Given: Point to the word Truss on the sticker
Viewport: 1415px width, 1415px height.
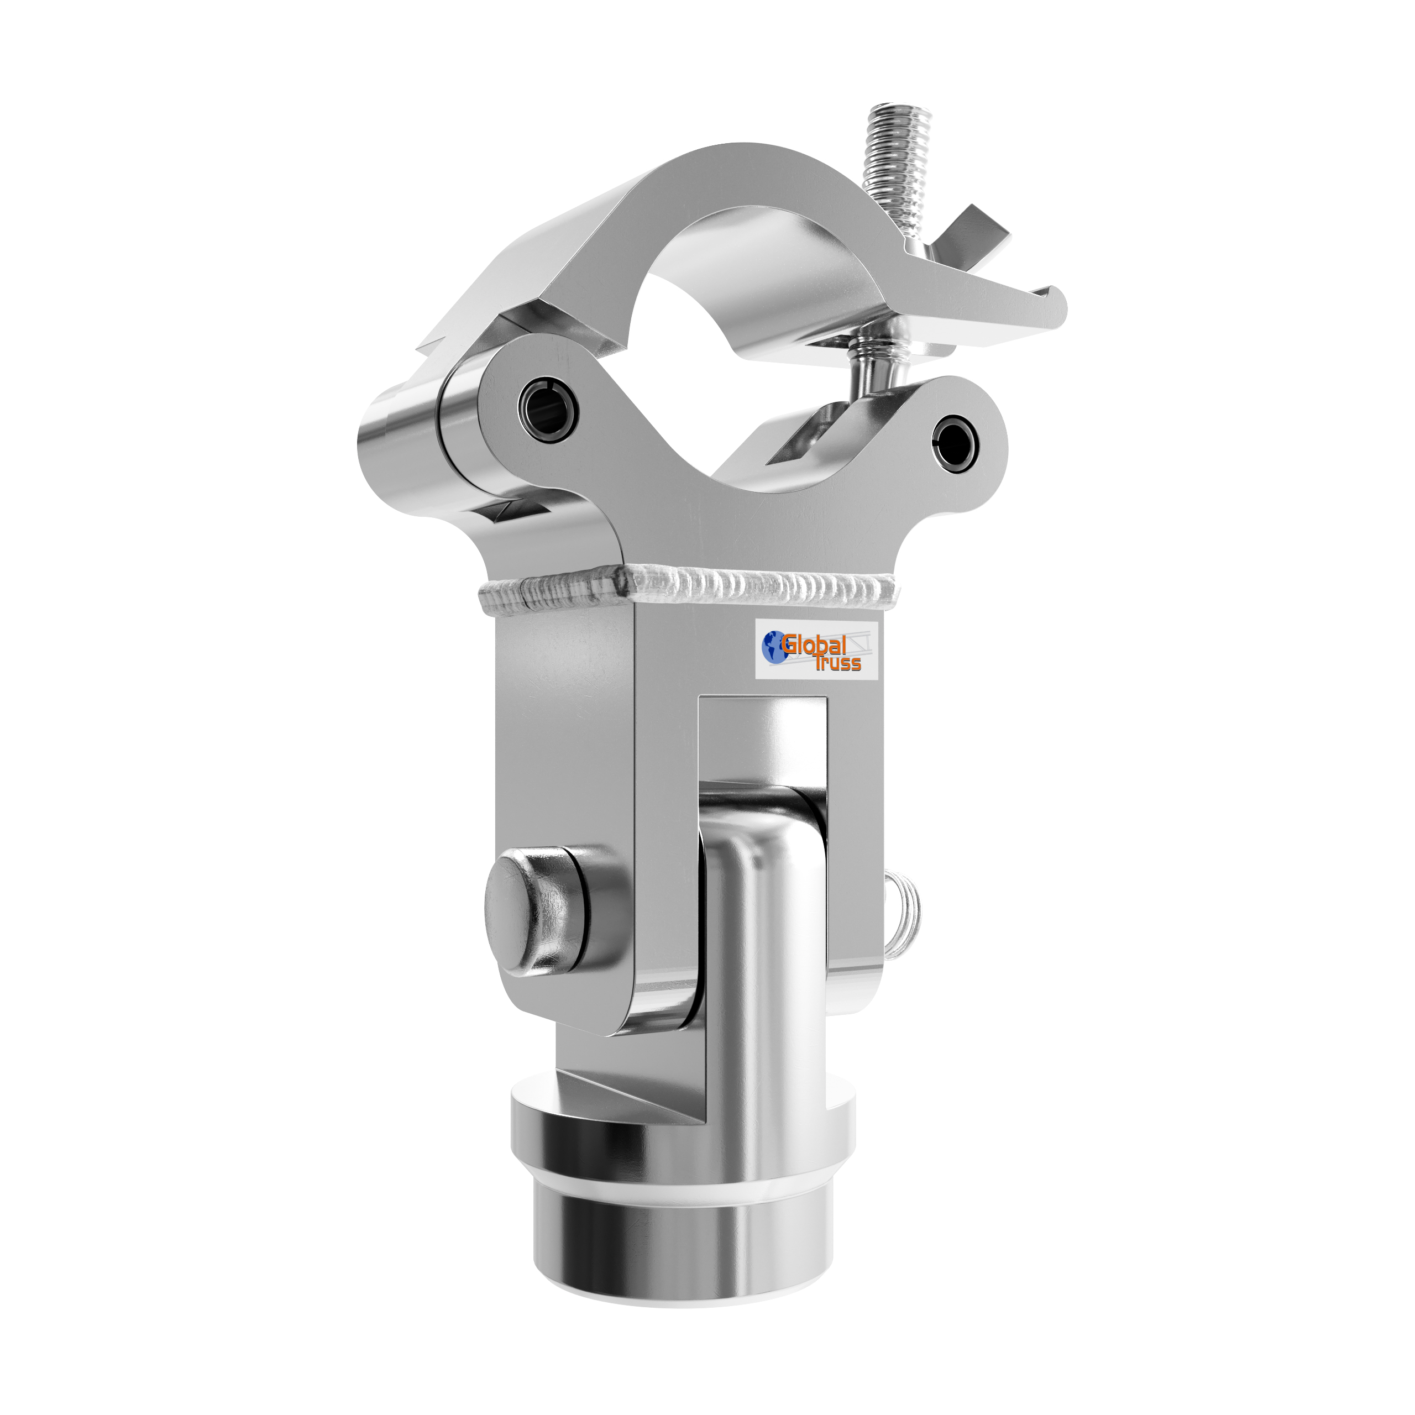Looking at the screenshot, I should [838, 663].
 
